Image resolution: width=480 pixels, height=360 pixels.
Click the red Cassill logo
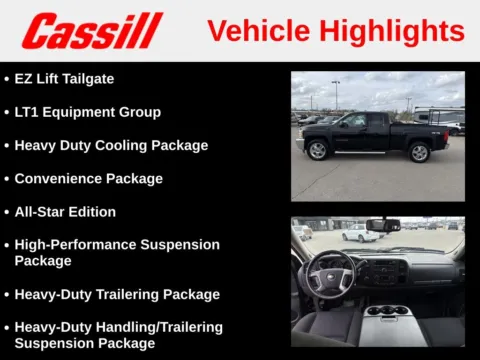92,30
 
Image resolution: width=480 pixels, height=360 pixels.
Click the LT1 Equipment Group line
87,111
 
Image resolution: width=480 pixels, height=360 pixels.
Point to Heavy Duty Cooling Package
111,145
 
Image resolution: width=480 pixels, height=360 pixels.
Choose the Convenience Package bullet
88,178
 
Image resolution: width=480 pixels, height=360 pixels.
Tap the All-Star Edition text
65,211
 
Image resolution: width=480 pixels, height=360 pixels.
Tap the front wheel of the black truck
319,150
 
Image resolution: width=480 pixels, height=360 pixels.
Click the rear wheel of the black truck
419,152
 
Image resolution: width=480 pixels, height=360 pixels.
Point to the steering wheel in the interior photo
331,273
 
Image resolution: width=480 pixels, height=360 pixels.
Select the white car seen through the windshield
361,233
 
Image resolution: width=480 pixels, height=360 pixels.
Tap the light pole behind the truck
336,95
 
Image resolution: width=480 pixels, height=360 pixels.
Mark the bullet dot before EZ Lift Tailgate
6,78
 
